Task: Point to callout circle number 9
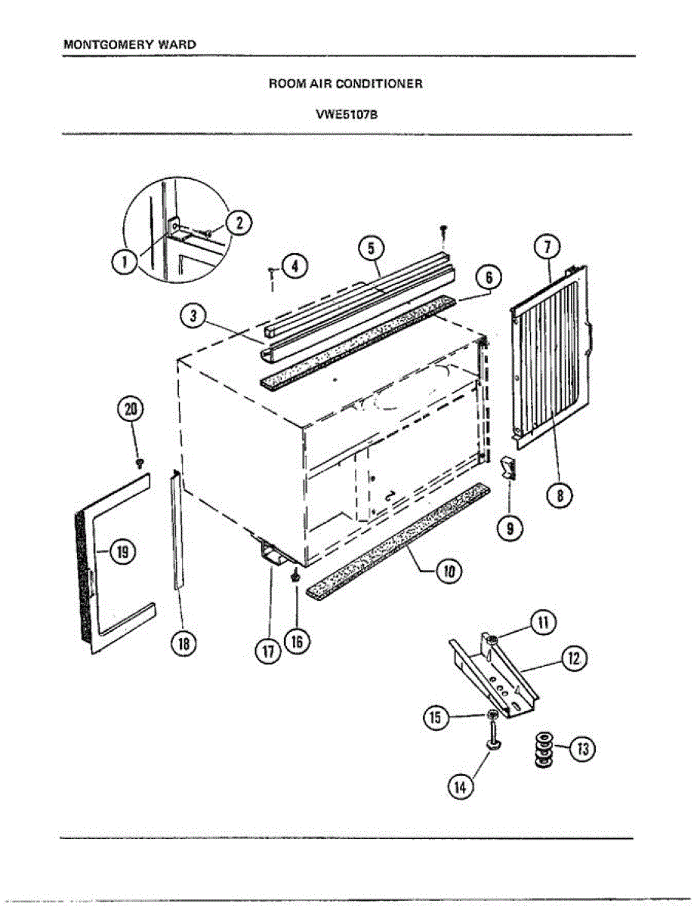[x=511, y=529]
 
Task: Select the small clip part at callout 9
[x=509, y=470]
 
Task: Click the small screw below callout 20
[x=140, y=461]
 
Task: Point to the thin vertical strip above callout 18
[x=177, y=528]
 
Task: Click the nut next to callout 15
[x=492, y=713]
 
